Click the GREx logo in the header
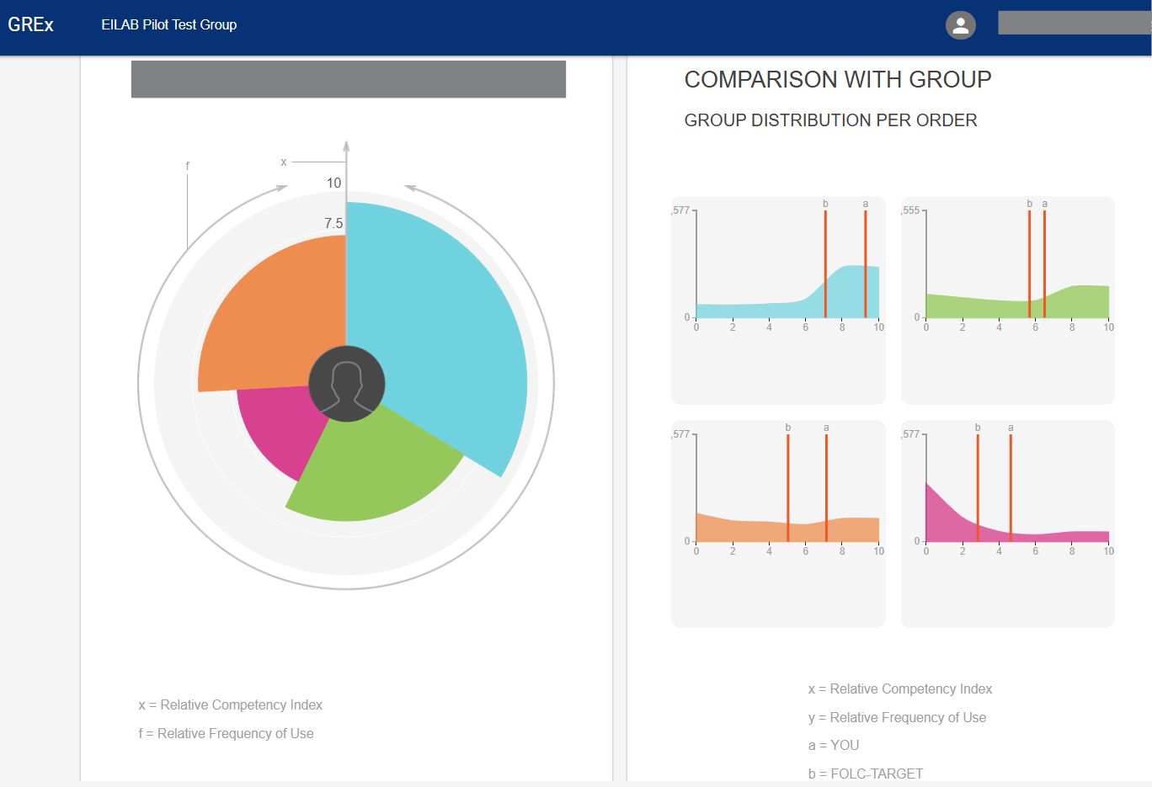pos(30,25)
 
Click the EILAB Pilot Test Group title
pos(168,25)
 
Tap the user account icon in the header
pos(960,25)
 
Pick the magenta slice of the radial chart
pos(274,429)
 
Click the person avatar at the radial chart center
pos(347,384)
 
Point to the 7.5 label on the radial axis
pos(333,223)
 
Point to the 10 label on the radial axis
pos(334,183)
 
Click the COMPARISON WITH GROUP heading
pos(837,80)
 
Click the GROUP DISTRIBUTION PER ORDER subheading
pos(830,120)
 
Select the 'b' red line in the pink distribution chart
pos(978,488)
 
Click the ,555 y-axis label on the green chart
pos(911,210)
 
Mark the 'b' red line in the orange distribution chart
pos(788,488)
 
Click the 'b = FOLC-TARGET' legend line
pos(866,774)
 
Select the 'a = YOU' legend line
pos(834,745)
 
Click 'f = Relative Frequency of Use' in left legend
pos(226,733)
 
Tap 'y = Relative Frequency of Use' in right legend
pos(897,717)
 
